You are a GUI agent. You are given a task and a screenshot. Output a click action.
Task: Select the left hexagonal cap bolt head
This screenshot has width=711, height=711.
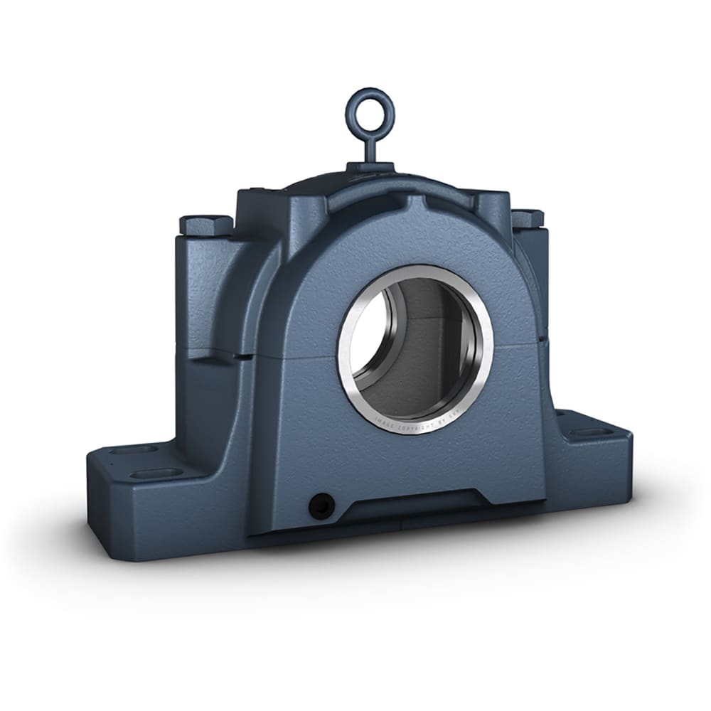tap(205, 225)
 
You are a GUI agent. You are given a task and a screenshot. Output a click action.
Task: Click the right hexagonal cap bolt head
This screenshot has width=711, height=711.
tap(527, 218)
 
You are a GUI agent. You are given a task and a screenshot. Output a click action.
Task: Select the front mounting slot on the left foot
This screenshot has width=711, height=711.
tap(151, 473)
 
